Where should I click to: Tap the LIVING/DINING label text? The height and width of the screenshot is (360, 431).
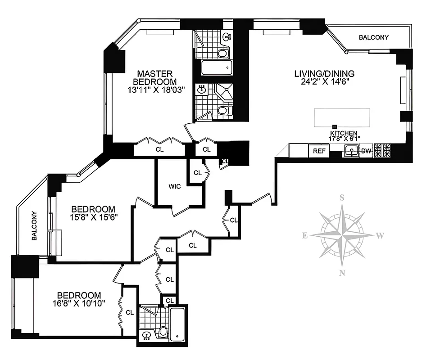coord(324,74)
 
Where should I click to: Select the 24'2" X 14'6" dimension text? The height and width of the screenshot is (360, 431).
coord(324,82)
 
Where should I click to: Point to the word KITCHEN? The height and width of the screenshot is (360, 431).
coord(344,134)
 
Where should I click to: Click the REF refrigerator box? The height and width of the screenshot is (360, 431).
coord(319,151)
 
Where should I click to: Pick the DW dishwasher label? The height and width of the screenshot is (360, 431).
coord(366,151)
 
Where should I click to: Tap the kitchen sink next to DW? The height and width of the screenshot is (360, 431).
coord(351,151)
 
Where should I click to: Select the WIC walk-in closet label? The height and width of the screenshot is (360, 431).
coord(174,187)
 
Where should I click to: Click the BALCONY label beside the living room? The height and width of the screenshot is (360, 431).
coord(373,37)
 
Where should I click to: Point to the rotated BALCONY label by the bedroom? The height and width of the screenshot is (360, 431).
coord(34,227)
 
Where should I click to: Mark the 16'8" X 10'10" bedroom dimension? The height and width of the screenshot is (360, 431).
coord(78,303)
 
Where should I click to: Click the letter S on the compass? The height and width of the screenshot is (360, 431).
coord(342,198)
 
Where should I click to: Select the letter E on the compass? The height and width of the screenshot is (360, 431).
coord(305,235)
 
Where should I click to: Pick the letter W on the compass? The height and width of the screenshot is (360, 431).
coord(380,235)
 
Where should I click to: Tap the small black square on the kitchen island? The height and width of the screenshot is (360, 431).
coord(335,127)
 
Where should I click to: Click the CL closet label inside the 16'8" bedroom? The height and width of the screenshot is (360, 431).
coord(129,312)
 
